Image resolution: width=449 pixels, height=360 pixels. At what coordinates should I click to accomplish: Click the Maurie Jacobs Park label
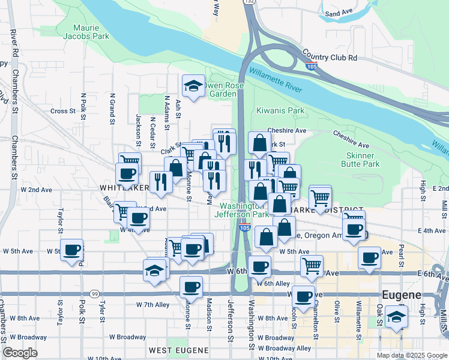coord(91,32)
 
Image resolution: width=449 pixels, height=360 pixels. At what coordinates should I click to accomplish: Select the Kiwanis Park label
coord(280,110)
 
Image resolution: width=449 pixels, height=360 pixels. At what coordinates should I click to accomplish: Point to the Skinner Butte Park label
coord(360,159)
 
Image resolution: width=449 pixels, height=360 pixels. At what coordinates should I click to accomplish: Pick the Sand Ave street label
coord(338,13)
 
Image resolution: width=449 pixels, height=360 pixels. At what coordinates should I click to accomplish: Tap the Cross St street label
coord(63,111)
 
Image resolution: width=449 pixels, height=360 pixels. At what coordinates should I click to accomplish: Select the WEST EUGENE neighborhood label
coord(178,350)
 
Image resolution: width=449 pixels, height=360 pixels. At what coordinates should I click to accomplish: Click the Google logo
coord(20,353)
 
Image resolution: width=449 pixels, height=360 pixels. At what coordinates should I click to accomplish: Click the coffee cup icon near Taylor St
coord(72,250)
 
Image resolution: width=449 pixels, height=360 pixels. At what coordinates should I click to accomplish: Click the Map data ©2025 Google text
coord(411,355)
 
